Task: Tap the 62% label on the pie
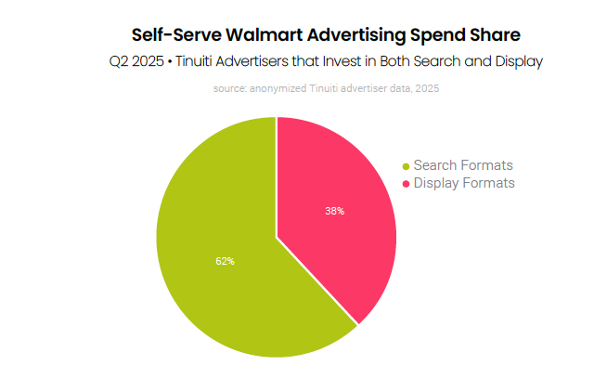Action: point(225,261)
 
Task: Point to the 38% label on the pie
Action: point(334,211)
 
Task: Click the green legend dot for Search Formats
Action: point(405,166)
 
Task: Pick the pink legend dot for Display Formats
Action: point(405,184)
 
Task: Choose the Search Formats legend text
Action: point(462,165)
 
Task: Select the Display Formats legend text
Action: point(463,183)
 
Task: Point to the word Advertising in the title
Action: point(355,35)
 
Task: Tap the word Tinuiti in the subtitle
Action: point(202,62)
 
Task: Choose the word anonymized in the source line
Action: point(278,89)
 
